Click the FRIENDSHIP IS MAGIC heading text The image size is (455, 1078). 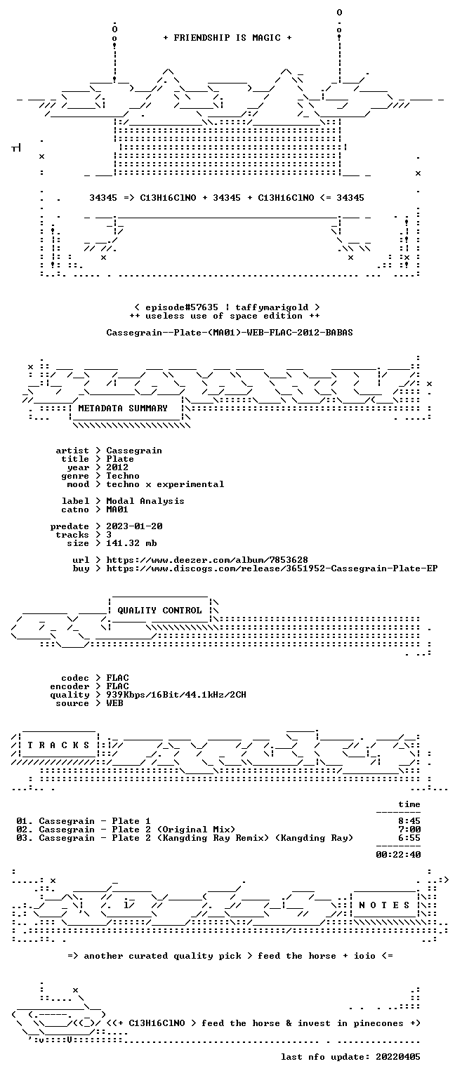227,37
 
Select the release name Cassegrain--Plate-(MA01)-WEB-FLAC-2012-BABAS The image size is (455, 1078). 230,333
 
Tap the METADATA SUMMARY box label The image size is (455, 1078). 123,408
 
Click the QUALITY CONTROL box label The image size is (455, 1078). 160,610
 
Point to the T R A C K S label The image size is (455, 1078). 58,745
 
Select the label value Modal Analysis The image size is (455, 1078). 145,501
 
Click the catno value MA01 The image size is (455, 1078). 117,510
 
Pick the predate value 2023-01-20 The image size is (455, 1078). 134,526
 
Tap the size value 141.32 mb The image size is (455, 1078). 131,543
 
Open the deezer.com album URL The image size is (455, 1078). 207,560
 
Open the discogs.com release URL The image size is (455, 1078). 272,568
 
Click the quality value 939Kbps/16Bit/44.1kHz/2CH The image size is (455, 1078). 176,695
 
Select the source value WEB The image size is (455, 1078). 114,703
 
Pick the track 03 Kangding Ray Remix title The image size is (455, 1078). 197,838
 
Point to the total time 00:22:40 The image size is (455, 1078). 398,855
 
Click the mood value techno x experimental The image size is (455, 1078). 165,484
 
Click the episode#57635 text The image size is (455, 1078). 182,307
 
